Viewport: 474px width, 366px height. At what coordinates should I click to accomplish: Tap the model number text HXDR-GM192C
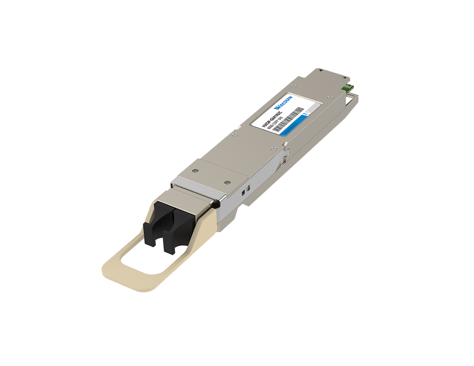(272, 116)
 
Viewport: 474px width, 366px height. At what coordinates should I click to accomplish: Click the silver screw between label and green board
(330, 98)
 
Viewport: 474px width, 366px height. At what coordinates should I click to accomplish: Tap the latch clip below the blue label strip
(284, 153)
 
